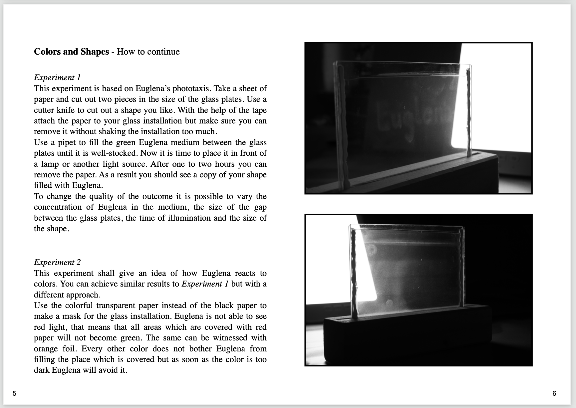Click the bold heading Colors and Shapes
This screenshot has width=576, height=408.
coord(71,52)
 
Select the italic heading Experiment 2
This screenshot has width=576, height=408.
coord(57,262)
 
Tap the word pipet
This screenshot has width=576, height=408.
coord(67,142)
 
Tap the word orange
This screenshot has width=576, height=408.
coord(46,349)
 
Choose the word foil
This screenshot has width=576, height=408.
coord(69,349)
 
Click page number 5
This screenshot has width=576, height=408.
coord(14,393)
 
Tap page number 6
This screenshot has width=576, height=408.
coord(554,393)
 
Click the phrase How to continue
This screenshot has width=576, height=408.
coord(148,52)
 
